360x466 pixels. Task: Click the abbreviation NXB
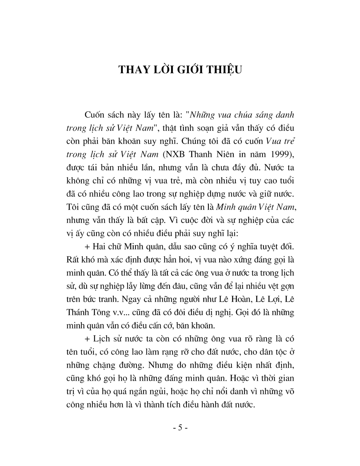[172, 154]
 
